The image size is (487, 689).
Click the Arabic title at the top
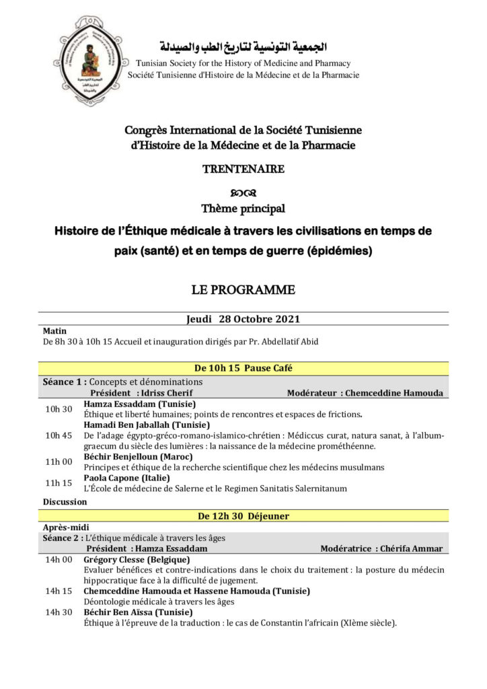243,47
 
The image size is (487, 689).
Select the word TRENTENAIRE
243,169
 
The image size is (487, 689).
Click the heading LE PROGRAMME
243,290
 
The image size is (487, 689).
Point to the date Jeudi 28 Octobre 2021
243,319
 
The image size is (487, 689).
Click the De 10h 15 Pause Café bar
243,368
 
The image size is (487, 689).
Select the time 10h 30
58,409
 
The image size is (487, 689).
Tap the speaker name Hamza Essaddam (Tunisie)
139,404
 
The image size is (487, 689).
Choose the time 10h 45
58,435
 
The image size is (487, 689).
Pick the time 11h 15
58,482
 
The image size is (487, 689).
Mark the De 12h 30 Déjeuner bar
243,516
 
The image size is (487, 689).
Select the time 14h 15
59,591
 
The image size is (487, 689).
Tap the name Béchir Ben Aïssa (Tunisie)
138,612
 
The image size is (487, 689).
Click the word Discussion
65,501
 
